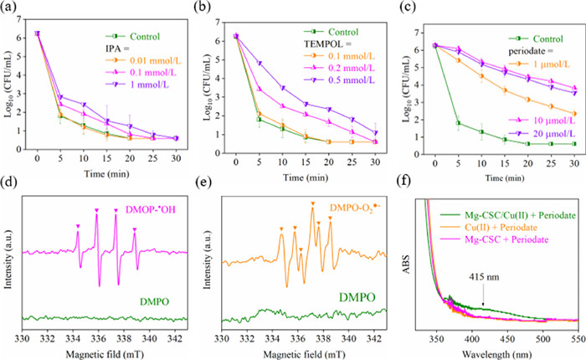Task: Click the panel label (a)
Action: point(12,9)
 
